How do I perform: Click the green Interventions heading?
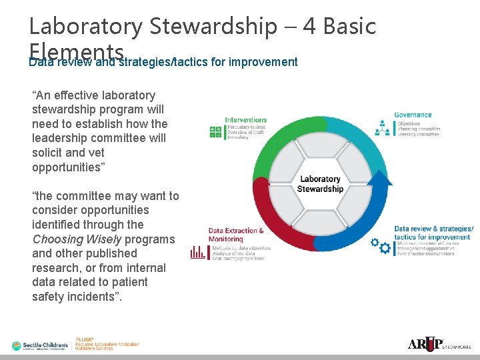245,120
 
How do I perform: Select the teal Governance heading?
413,115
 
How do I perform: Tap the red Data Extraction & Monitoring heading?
236,235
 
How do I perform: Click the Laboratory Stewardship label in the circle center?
320,183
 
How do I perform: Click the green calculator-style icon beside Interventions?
216,132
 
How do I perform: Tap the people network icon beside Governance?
383,126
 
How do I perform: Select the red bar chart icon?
198,252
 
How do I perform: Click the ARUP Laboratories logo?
439,344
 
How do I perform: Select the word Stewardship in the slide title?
213,26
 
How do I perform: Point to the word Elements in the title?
77,51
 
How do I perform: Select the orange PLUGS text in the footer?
85,339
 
